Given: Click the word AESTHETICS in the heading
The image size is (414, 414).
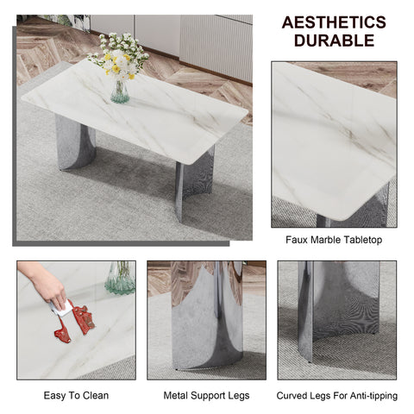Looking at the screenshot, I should pyautogui.click(x=333, y=22).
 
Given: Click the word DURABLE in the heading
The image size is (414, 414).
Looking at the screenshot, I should pyautogui.click(x=333, y=41).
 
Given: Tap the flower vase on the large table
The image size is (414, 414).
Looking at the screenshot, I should pyautogui.click(x=120, y=90).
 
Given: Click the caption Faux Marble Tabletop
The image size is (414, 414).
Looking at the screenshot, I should pyautogui.click(x=333, y=240).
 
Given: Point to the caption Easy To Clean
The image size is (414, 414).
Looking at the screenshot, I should pyautogui.click(x=76, y=395).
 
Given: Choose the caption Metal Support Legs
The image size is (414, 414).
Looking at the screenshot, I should pyautogui.click(x=206, y=395).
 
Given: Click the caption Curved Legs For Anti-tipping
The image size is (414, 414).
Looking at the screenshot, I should pyautogui.click(x=336, y=395).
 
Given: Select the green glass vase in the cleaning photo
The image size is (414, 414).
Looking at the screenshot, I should pyautogui.click(x=120, y=279).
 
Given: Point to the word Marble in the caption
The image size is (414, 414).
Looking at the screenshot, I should pyautogui.click(x=329, y=240).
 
